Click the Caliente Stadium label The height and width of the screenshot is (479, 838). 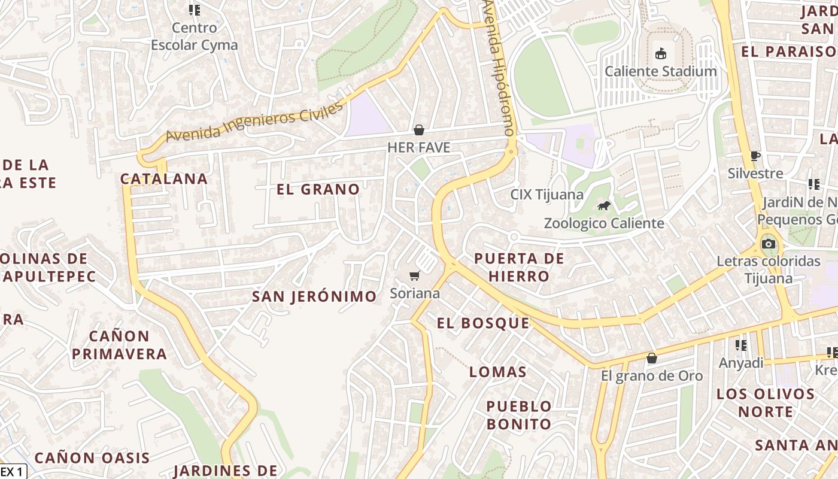tap(660, 71)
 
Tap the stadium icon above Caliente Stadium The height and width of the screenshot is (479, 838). tap(660, 54)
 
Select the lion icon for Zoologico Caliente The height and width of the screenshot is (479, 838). tap(604, 206)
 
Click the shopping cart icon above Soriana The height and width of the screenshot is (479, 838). tap(414, 276)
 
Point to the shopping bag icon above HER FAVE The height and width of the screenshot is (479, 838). tap(419, 130)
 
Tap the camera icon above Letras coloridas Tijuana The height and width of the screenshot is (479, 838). tap(769, 244)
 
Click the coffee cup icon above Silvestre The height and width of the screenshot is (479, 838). tap(755, 156)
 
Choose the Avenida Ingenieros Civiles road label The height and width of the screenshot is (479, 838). tap(254, 121)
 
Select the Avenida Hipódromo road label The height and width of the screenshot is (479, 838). tap(500, 66)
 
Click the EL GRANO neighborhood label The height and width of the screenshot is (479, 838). tap(318, 189)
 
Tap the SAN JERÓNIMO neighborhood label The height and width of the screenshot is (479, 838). tap(314, 296)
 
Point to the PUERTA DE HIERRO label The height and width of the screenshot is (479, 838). tap(519, 267)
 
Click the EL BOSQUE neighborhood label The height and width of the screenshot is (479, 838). tap(483, 323)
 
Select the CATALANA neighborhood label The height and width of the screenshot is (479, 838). tap(164, 178)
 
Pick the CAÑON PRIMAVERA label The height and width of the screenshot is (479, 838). tap(119, 345)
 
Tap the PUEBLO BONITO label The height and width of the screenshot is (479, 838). tap(519, 415)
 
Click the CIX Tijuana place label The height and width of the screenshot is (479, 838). tap(546, 195)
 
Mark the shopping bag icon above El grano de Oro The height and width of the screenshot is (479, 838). tap(651, 358)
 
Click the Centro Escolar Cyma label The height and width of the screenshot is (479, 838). tap(195, 36)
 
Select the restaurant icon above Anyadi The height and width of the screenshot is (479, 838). tap(741, 345)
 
